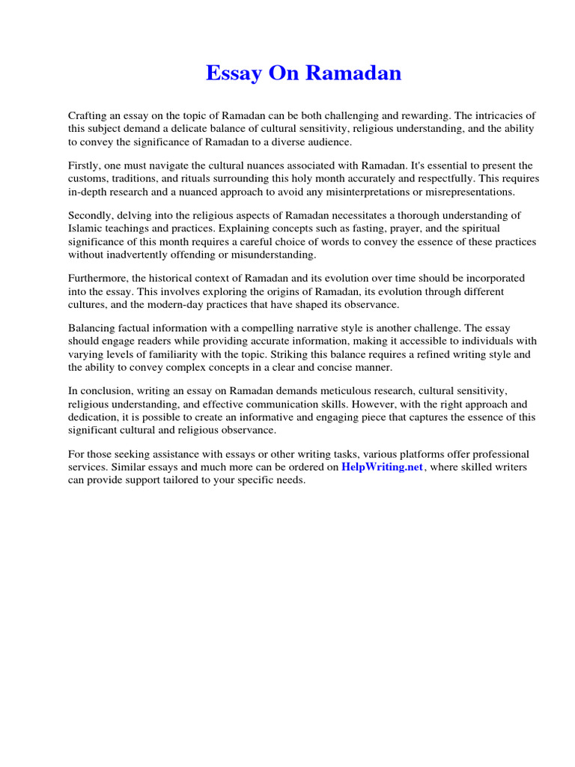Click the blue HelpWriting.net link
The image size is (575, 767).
click(383, 467)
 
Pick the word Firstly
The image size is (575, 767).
click(85, 166)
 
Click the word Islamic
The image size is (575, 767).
click(85, 228)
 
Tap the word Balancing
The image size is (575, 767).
click(93, 329)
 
